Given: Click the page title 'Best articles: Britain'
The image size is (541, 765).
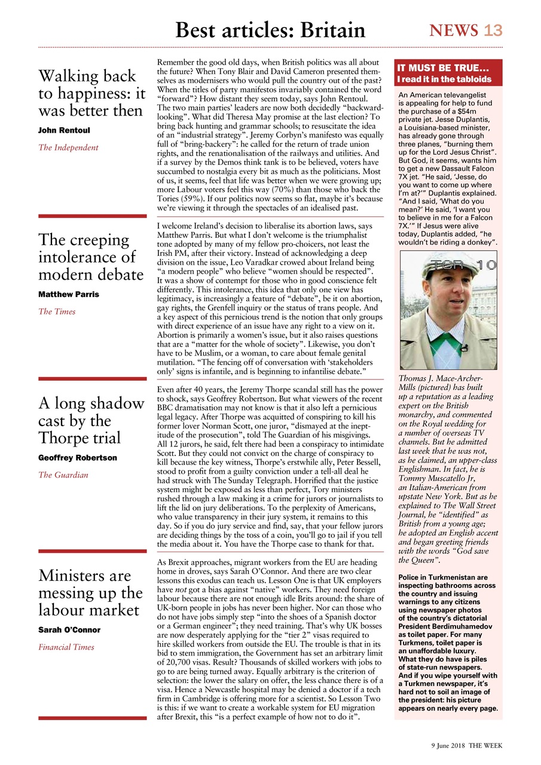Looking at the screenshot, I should (x=270, y=29).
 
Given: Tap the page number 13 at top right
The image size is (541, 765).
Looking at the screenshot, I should (x=493, y=30).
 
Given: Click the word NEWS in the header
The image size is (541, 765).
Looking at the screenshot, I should (x=454, y=30).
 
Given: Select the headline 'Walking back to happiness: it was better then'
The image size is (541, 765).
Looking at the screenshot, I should (x=91, y=93).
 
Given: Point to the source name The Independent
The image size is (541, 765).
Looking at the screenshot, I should (x=68, y=147).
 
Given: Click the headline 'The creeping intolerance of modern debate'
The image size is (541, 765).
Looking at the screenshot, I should (x=91, y=257).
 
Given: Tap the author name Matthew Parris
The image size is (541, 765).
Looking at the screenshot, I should (x=68, y=294).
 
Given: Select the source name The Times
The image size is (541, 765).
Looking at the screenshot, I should (x=57, y=311).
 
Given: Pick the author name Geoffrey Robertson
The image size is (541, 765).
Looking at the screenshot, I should (x=77, y=458).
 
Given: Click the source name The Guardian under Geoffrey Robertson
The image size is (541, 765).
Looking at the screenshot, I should (x=63, y=475).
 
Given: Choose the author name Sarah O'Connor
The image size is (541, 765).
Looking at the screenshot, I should (x=69, y=630).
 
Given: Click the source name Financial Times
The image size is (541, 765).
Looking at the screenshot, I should (x=67, y=647).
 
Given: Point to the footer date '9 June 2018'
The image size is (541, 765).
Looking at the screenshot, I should (x=448, y=746).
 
